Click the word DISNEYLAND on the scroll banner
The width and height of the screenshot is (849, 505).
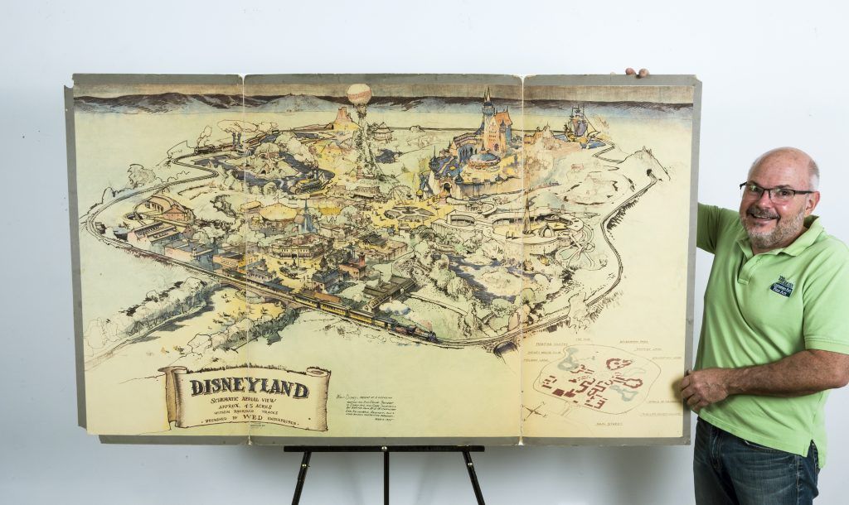(x=250, y=387)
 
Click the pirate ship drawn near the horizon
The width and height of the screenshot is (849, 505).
(x=577, y=123)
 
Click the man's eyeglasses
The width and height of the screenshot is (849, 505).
(x=774, y=193)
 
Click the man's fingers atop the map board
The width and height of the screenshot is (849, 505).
(x=636, y=73)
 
